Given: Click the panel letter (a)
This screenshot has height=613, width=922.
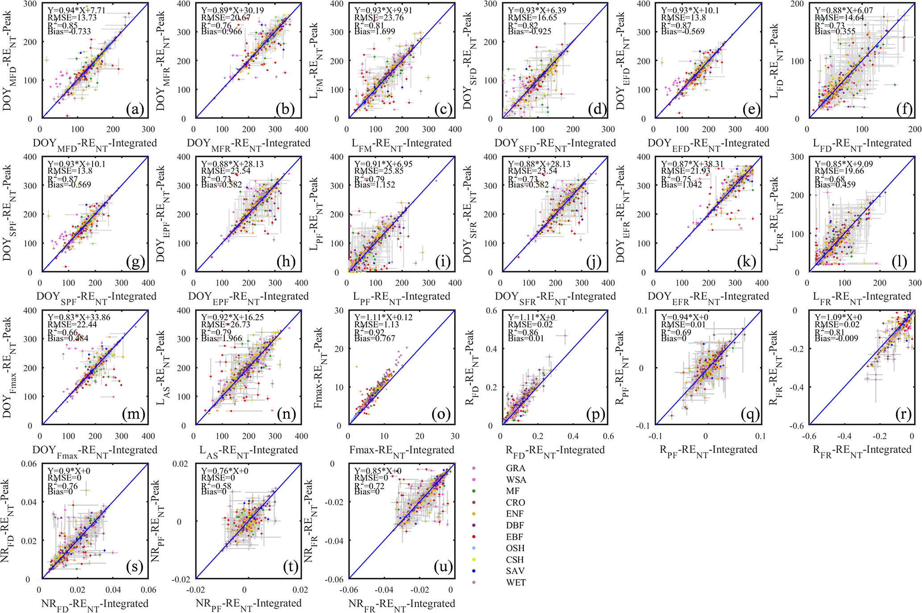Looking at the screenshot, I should [135, 109].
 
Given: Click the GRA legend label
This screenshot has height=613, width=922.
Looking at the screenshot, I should [515, 468].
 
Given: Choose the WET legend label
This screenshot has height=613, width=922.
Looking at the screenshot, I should [516, 582].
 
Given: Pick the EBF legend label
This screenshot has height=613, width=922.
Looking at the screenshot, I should [514, 537].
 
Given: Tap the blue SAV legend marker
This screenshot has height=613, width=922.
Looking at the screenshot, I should [473, 571].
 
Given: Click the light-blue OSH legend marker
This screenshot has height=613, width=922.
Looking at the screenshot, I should [473, 548].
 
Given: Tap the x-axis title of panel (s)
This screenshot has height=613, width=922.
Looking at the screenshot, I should [95, 604].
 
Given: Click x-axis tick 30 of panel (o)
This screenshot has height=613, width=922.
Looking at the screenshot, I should [454, 436].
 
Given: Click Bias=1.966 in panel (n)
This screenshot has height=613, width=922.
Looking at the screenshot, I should [221, 338].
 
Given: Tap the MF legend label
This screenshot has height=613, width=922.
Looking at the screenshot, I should [513, 491].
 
